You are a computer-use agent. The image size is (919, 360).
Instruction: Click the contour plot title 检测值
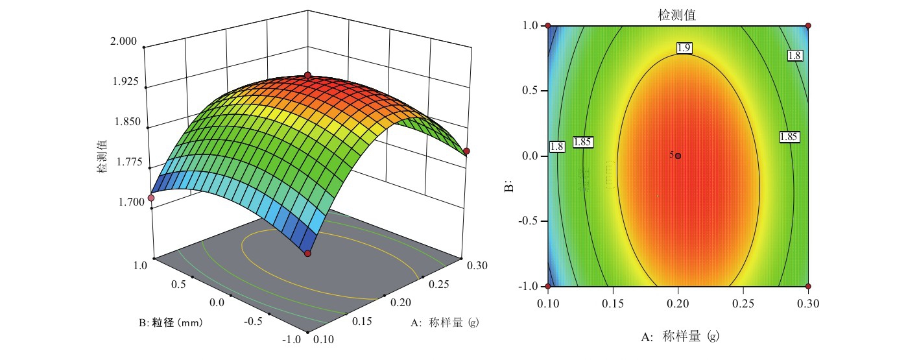coord(678,15)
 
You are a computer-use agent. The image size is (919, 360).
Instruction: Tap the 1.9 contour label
coord(684,47)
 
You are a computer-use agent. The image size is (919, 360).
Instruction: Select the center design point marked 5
coord(678,156)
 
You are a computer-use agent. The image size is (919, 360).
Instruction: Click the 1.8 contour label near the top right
coord(794,56)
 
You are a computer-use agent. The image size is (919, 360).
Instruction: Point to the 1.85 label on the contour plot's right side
coord(789,137)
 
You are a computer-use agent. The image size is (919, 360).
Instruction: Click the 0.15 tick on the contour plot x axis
coord(612,303)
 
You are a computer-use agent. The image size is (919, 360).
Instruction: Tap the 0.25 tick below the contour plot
coord(743,303)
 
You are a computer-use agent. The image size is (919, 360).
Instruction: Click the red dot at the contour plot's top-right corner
coord(808,26)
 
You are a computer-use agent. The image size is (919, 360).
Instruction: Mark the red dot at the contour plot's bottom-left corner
coord(548,286)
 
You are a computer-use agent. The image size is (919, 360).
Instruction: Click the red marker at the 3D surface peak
coord(307,75)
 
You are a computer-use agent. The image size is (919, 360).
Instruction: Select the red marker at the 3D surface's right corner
coord(466,151)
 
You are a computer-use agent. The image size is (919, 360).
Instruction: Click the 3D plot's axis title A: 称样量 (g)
coord(445,322)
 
